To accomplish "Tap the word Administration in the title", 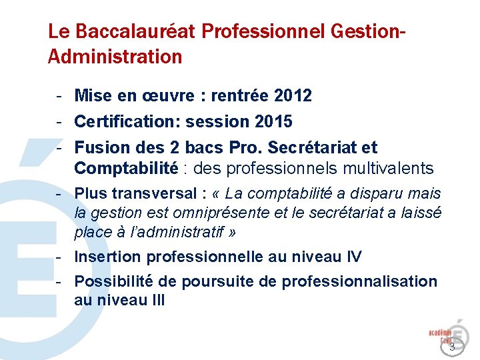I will coord(115,57).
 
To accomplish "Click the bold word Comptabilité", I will coord(126,168).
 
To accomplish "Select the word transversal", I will coord(153,193).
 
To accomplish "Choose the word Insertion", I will coord(108,257).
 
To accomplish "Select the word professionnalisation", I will coord(359,281).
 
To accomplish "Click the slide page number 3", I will coord(452,347).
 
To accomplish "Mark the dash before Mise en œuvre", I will coord(59,96).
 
